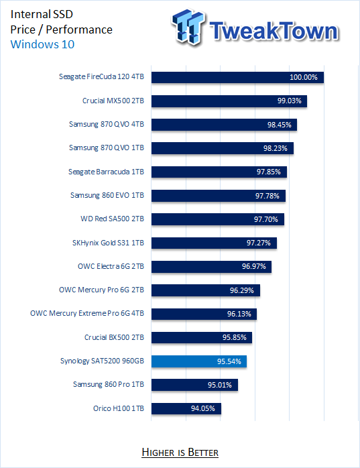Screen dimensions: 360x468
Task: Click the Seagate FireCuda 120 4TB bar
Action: [x=237, y=77]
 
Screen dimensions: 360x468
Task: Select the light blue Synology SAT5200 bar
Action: [x=199, y=361]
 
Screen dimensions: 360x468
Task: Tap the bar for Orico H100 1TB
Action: [x=186, y=408]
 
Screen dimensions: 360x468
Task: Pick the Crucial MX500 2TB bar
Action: [x=229, y=101]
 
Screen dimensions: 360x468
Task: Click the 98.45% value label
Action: [x=279, y=125]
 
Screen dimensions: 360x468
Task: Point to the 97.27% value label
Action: [x=259, y=243]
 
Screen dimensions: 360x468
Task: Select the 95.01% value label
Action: [x=220, y=385]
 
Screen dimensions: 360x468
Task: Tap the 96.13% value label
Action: [x=239, y=314]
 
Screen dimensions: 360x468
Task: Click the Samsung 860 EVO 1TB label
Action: [x=107, y=195]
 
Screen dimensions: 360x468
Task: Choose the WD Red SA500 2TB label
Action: [x=112, y=219]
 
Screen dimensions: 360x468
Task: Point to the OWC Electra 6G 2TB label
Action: [x=111, y=266]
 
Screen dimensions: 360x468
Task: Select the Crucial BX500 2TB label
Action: [x=115, y=337]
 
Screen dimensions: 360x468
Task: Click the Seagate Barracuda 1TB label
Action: [x=107, y=172]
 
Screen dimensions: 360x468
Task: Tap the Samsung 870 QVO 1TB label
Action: [x=107, y=148]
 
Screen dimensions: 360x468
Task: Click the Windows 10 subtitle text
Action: [x=42, y=44]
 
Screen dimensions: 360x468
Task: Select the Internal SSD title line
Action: [x=42, y=14]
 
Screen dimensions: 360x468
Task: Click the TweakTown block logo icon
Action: [x=188, y=27]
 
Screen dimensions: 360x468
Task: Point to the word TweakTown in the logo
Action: [x=274, y=31]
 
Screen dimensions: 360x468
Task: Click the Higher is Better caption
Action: [x=180, y=453]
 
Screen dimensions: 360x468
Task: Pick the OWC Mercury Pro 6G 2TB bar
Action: [x=206, y=290]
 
